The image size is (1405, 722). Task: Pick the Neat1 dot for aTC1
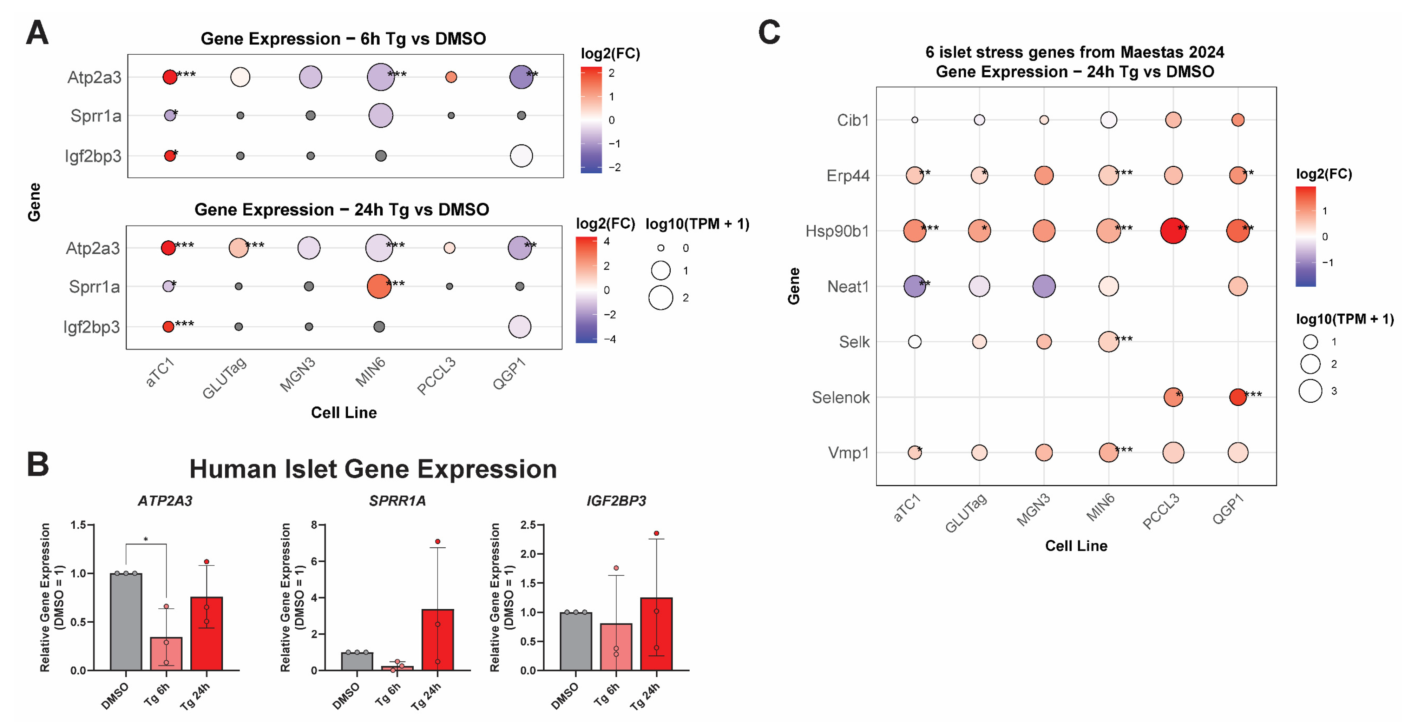pos(915,286)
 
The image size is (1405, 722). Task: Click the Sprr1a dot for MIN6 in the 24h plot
pos(379,286)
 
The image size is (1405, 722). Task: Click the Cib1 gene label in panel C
pos(853,120)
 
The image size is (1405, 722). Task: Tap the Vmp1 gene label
pos(848,452)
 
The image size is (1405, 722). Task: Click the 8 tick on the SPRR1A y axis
pos(314,525)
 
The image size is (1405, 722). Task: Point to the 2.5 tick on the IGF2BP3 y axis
pos(528,525)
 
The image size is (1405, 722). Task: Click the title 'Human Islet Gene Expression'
pos(373,469)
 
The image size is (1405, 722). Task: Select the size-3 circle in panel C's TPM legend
pos(1310,391)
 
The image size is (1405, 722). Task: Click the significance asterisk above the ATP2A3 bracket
pos(146,540)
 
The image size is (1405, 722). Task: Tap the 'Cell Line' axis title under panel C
pos(1076,546)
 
